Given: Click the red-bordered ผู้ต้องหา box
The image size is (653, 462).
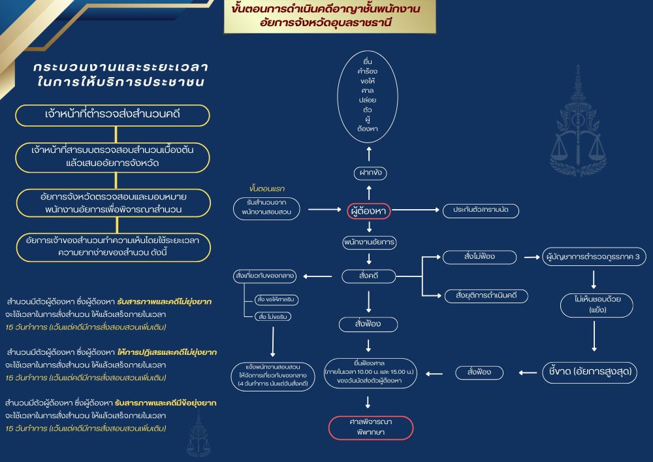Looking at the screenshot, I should coord(368,211).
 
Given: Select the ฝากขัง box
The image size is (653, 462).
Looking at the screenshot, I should coord(368,173).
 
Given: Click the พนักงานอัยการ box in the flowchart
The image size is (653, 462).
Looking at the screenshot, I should coord(370,242).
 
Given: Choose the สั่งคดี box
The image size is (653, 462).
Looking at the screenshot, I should coord(368,276).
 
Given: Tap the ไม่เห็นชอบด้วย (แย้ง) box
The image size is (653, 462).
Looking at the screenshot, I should coord(593,305).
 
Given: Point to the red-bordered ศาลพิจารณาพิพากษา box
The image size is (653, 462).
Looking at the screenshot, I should coord(370,427).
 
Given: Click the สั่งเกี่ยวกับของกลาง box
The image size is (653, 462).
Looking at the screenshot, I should coord(264,276).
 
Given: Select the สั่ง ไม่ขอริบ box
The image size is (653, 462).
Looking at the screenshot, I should coord(273,316).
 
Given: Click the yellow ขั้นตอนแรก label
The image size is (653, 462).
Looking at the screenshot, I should coord(267,189).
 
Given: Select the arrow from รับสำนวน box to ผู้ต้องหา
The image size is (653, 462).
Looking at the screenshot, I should coord(324,210).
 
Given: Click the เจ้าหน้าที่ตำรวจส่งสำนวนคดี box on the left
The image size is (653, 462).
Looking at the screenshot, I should coord(113,115).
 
